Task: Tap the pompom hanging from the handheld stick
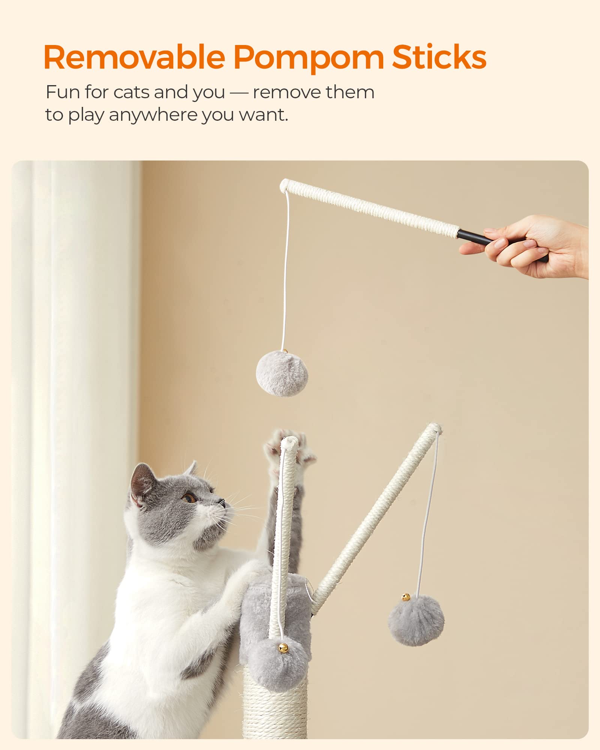[x=282, y=373]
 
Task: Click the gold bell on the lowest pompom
[x=283, y=647]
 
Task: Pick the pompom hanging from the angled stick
[x=416, y=621]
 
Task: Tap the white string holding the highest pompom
[x=286, y=270]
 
